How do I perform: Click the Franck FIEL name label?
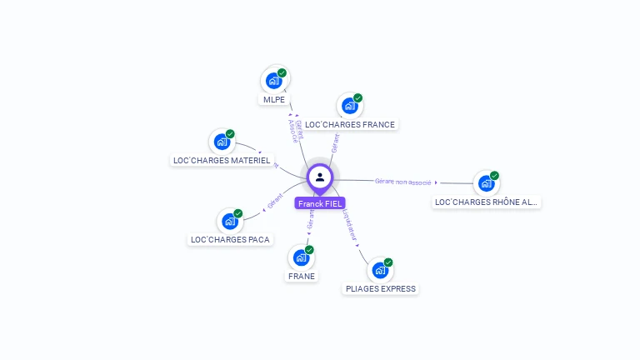(319, 203)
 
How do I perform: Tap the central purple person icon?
(320, 177)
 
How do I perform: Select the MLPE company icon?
(272, 81)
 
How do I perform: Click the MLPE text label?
(274, 100)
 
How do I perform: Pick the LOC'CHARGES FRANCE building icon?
(349, 106)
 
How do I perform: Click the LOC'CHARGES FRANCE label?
(350, 124)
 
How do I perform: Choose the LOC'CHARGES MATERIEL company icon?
(222, 142)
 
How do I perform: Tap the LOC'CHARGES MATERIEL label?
(222, 160)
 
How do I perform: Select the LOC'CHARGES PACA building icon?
(229, 222)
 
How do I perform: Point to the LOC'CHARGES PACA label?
(230, 240)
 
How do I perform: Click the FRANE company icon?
(301, 257)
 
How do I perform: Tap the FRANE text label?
(302, 276)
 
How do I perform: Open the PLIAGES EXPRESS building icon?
(380, 271)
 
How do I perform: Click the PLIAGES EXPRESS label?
(381, 289)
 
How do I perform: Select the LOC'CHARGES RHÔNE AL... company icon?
(486, 183)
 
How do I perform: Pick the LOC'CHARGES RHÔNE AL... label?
(487, 202)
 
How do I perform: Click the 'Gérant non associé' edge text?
(403, 181)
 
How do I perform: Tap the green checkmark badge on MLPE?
(282, 73)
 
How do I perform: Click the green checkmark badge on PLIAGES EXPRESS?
(388, 262)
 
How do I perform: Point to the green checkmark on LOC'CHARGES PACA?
(238, 214)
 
